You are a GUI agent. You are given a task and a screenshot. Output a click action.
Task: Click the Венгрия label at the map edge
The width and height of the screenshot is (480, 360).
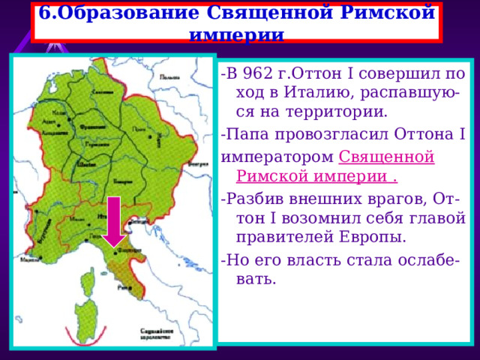coord(198,162)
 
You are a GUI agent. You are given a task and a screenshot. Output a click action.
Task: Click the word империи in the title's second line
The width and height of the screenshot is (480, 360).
coord(236,34)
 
